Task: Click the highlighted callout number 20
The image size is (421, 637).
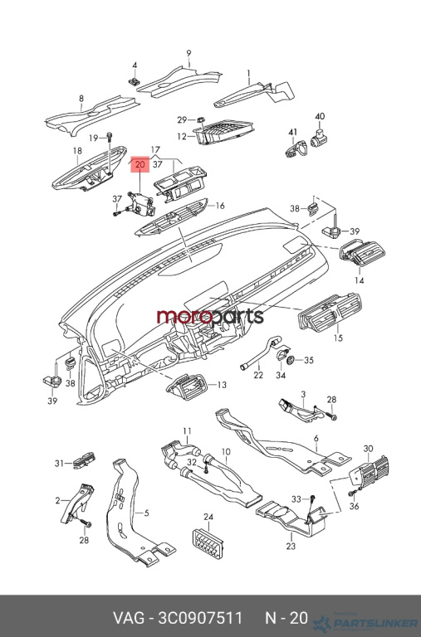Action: pos(140,164)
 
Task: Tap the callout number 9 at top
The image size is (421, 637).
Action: pos(188,53)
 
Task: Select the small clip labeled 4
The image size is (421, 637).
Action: pos(134,80)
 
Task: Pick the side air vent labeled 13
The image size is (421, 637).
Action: pos(187,387)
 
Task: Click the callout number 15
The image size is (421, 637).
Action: pos(338,338)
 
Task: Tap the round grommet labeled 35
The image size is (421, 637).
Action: pos(291,359)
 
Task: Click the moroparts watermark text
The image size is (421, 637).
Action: pos(210,316)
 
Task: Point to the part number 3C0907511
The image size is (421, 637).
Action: pos(200,618)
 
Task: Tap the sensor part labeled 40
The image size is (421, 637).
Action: pos(319,137)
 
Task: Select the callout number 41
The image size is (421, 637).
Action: pos(293,132)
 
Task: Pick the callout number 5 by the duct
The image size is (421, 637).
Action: pos(146,513)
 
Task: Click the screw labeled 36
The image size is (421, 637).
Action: pos(351,494)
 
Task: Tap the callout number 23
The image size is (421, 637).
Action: pos(291,546)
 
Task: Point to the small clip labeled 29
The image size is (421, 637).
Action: pos(201,119)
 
